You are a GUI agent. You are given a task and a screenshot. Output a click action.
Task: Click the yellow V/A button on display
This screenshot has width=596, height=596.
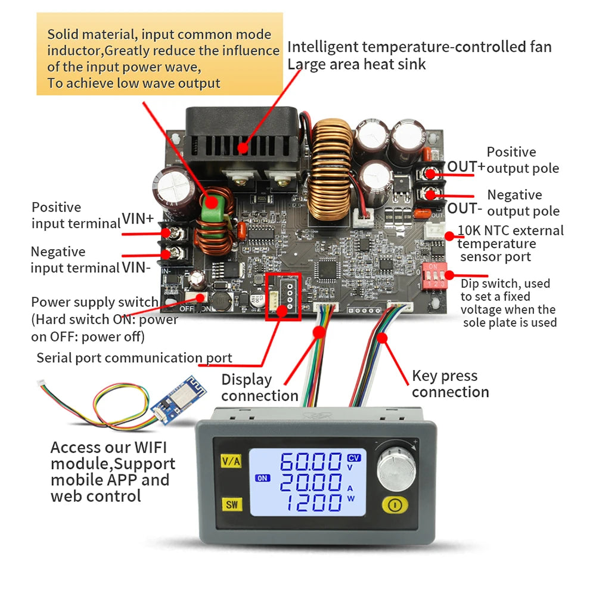tap(231, 461)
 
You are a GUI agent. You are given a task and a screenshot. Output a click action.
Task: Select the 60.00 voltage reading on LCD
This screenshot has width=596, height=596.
tap(311, 462)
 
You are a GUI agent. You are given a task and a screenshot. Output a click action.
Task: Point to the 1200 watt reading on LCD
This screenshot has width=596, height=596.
tap(311, 502)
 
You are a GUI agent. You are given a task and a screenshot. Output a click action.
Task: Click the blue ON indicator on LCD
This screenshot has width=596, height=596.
tap(262, 477)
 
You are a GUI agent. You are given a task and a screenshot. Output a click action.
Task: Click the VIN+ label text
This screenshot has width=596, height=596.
tap(138, 219)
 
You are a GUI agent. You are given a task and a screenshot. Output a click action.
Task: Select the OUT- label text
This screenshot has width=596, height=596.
tap(465, 209)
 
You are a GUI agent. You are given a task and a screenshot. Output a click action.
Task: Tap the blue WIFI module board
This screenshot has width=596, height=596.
tap(169, 409)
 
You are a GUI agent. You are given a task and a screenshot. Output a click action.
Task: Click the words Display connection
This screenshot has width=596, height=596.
tap(259, 387)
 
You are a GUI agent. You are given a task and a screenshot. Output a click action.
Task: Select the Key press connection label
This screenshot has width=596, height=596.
tap(450, 384)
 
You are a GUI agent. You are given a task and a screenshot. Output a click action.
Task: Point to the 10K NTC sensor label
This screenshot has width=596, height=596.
tap(510, 243)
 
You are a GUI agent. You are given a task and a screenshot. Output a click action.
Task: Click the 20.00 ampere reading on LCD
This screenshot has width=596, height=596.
tap(311, 482)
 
